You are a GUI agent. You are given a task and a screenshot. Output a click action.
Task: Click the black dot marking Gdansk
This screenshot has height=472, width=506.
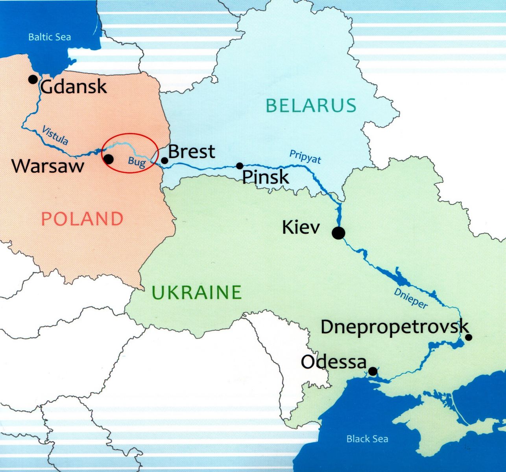point(33,79)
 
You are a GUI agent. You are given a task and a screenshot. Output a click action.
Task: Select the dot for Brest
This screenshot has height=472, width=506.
point(164,160)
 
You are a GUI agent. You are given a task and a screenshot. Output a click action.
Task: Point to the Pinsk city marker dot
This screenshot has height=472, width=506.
point(240,166)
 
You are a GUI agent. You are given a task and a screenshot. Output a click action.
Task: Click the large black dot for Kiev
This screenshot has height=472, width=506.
point(338,233)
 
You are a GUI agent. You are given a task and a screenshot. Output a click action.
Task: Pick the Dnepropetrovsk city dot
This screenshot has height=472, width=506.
point(469,337)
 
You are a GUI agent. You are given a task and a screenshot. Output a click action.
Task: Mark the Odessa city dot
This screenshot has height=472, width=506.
point(373,371)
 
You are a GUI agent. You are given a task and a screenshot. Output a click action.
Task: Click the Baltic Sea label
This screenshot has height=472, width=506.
point(50,37)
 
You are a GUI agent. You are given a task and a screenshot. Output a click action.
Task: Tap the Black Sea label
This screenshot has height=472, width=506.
point(367,439)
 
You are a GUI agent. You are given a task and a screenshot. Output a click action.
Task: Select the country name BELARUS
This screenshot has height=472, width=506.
point(311,105)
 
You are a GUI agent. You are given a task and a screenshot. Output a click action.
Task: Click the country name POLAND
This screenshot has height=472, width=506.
point(82,219)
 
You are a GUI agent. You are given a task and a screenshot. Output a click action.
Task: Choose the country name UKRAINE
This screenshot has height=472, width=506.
point(196,292)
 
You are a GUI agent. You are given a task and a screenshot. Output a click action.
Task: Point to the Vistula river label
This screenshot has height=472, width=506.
point(55,135)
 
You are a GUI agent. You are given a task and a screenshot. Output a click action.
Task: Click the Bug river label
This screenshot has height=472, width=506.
point(137,162)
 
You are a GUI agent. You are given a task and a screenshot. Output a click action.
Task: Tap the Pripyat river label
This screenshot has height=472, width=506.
point(305,156)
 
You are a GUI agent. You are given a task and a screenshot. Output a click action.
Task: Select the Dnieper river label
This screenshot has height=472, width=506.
point(410,298)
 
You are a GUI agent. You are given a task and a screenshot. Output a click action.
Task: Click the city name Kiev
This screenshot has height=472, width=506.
point(301,227)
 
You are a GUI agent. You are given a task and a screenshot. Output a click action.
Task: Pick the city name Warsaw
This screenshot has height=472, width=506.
point(48,166)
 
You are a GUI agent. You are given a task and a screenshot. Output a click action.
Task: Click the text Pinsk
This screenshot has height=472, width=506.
point(266,177)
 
